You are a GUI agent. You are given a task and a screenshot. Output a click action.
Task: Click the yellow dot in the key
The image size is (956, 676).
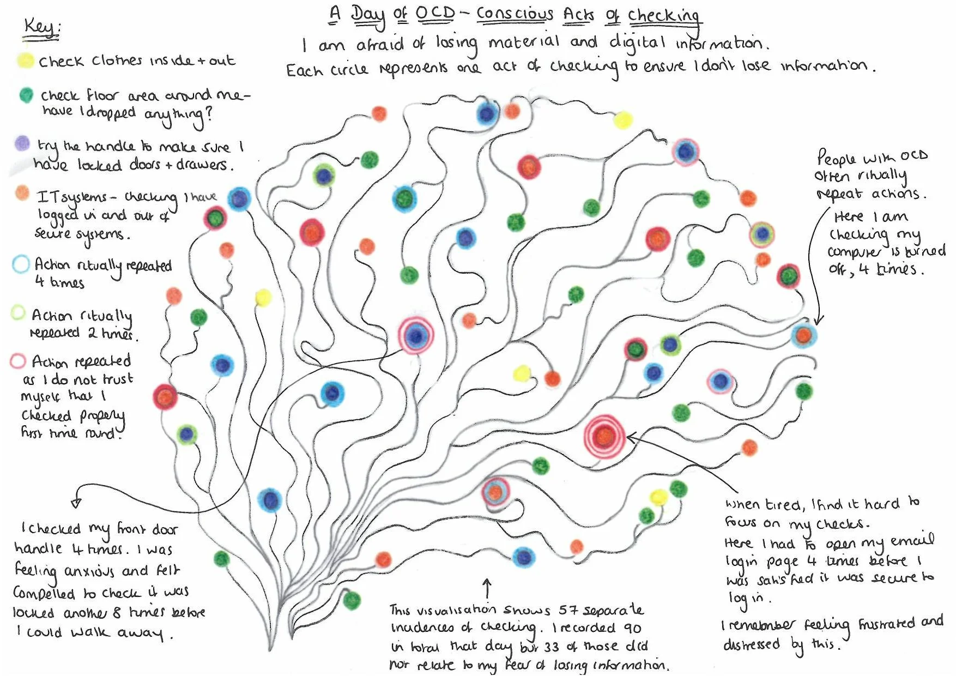25,61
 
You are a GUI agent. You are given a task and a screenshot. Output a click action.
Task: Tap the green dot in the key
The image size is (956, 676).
26,95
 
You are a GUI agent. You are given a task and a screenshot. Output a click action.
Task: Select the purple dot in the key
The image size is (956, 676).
22,143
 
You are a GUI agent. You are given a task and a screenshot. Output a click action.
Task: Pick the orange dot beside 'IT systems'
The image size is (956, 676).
22,192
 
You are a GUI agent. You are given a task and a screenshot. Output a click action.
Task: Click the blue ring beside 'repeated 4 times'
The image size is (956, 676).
21,264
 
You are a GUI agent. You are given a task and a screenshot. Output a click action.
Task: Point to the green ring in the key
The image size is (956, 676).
18,312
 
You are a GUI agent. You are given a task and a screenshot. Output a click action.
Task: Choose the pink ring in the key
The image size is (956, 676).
17,361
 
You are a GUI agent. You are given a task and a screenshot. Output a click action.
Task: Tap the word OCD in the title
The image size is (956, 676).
434,13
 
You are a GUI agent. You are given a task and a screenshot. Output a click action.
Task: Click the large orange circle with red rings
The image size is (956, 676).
604,436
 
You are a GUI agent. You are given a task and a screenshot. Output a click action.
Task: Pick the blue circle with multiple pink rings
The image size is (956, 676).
416,336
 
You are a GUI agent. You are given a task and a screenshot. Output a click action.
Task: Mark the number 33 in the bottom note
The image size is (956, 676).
551,647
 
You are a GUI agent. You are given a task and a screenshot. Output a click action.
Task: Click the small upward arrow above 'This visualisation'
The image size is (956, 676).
487,588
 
